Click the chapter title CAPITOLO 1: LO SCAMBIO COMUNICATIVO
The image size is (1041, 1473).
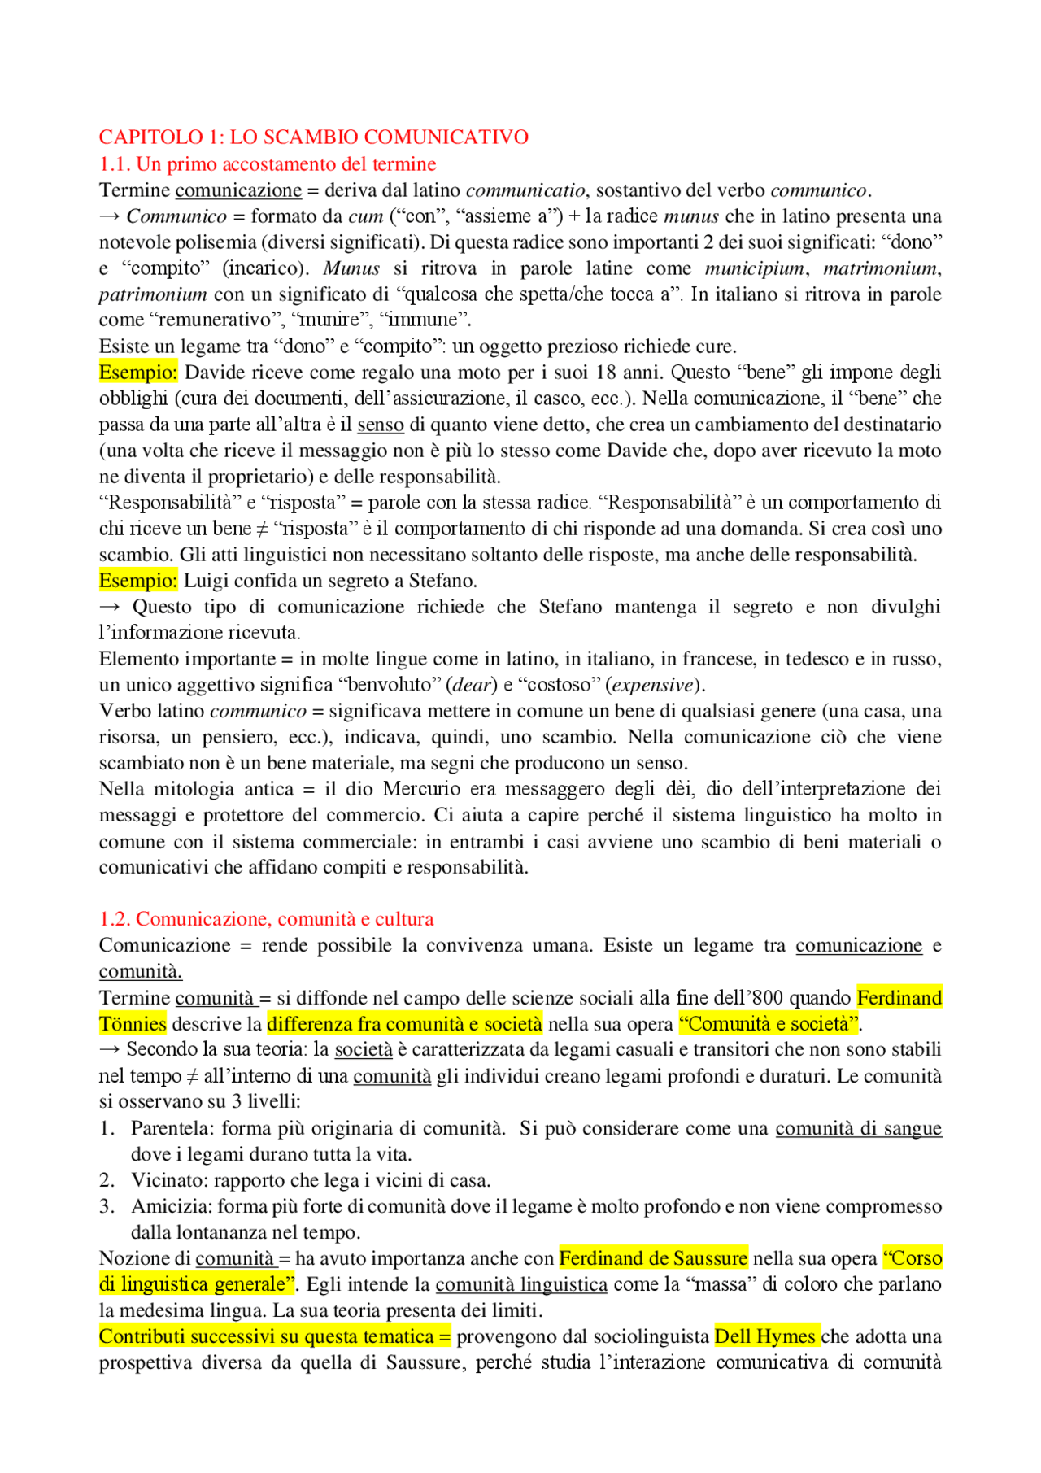(x=314, y=137)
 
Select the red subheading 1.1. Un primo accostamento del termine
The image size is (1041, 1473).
(x=268, y=163)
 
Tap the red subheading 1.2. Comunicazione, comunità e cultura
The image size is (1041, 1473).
(x=266, y=919)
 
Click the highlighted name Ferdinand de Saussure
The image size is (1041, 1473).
(x=653, y=1258)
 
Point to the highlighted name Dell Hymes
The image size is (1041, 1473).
(x=765, y=1336)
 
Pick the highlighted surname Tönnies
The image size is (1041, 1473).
(x=133, y=1024)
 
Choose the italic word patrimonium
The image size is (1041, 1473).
(x=153, y=294)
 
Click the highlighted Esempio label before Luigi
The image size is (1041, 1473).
(x=137, y=581)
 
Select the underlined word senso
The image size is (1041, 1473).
(x=381, y=425)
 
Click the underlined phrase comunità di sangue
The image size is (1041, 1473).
(x=858, y=1128)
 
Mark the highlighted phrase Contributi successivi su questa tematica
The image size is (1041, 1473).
(x=274, y=1336)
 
